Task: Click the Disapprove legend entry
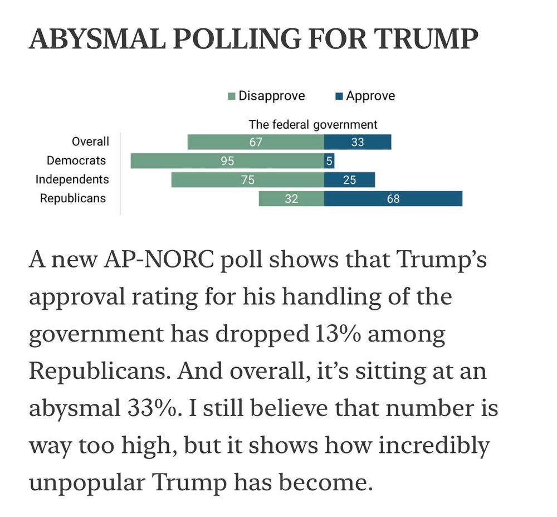[267, 96]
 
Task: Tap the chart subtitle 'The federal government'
[312, 124]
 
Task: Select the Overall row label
[91, 142]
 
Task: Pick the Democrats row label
[76, 160]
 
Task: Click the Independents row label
[72, 179]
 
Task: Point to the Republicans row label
[72, 198]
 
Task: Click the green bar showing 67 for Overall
[256, 142]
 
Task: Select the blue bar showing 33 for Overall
[358, 142]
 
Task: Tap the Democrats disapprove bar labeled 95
[227, 161]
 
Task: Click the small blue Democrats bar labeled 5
[329, 161]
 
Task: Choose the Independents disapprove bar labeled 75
[248, 180]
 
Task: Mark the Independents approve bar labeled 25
[350, 180]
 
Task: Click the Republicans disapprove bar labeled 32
[291, 198]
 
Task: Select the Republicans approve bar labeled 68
[393, 198]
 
